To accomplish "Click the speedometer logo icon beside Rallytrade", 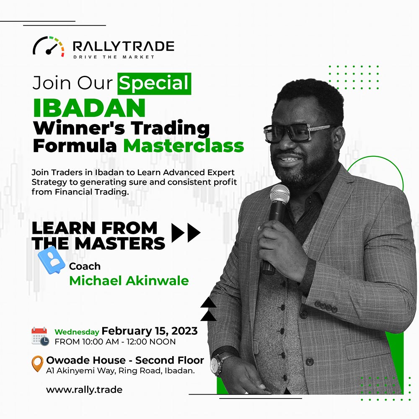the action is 48,47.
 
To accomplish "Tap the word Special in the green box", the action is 154,83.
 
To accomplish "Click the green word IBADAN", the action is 89,108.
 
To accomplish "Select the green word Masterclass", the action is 184,146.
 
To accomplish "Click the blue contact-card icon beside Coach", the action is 52,260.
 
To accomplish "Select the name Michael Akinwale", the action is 129,281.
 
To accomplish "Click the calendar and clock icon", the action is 40,336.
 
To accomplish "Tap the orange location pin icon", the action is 37,364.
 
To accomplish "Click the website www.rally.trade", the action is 84,390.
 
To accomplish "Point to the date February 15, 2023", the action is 150,331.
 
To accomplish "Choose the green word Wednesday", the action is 77,332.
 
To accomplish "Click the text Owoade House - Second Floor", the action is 125,360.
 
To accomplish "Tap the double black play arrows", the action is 186,233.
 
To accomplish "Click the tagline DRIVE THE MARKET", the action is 114,57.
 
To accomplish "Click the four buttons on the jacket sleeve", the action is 326,307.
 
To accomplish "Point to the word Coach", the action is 85,266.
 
